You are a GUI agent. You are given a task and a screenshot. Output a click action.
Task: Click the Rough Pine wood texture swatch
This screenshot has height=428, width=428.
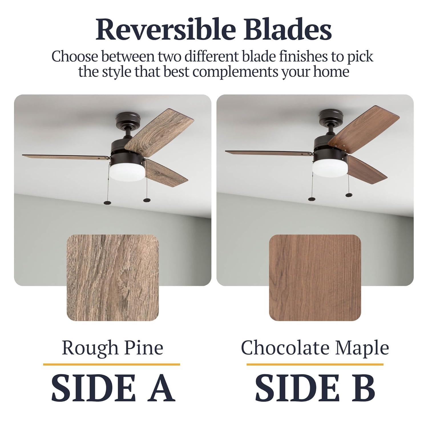[113, 278]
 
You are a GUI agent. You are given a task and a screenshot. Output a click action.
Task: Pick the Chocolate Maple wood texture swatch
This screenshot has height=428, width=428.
[315, 278]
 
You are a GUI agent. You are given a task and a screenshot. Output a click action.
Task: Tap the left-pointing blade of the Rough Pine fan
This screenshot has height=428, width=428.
[66, 156]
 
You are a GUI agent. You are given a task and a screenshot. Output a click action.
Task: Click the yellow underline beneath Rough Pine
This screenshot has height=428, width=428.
[112, 364]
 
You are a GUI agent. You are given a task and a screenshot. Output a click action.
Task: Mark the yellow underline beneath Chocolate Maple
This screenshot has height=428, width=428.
[315, 364]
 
